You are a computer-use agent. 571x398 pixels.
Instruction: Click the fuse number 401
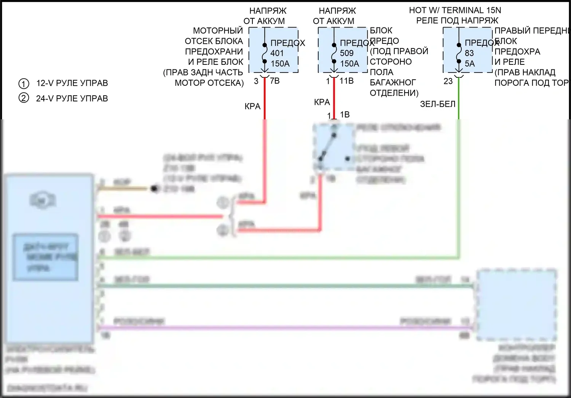[x=277, y=53]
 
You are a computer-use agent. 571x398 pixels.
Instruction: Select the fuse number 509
[x=346, y=53]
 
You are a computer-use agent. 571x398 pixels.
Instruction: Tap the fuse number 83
[x=469, y=53]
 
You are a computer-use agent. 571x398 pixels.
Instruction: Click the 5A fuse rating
[x=470, y=64]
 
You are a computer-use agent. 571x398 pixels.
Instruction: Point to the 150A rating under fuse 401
[x=280, y=64]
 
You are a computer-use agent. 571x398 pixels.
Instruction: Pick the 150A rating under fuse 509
[x=349, y=64]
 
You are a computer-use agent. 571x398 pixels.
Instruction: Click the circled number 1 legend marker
[x=24, y=83]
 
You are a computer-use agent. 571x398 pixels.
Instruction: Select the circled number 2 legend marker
[x=24, y=98]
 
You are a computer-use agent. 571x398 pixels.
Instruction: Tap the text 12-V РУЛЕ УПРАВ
[x=72, y=83]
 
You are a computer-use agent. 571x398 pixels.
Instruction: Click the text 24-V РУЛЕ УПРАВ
[x=72, y=98]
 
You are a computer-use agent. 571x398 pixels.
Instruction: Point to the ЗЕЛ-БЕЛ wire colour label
[x=437, y=104]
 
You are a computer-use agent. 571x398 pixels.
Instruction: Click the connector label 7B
[x=274, y=81]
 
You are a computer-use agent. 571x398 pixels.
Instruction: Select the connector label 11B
[x=346, y=81]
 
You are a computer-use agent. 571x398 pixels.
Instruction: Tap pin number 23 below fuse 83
[x=448, y=81]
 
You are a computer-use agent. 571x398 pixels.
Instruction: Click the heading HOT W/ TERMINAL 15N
[x=455, y=10]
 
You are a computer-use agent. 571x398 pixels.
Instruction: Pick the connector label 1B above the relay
[x=345, y=115]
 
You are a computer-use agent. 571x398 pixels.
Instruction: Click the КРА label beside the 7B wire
[x=252, y=107]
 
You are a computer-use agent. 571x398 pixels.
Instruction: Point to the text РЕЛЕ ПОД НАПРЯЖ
[x=457, y=21]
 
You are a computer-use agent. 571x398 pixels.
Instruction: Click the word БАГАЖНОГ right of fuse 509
[x=393, y=82]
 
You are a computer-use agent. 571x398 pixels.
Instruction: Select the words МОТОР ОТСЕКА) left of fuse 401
[x=209, y=83]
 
